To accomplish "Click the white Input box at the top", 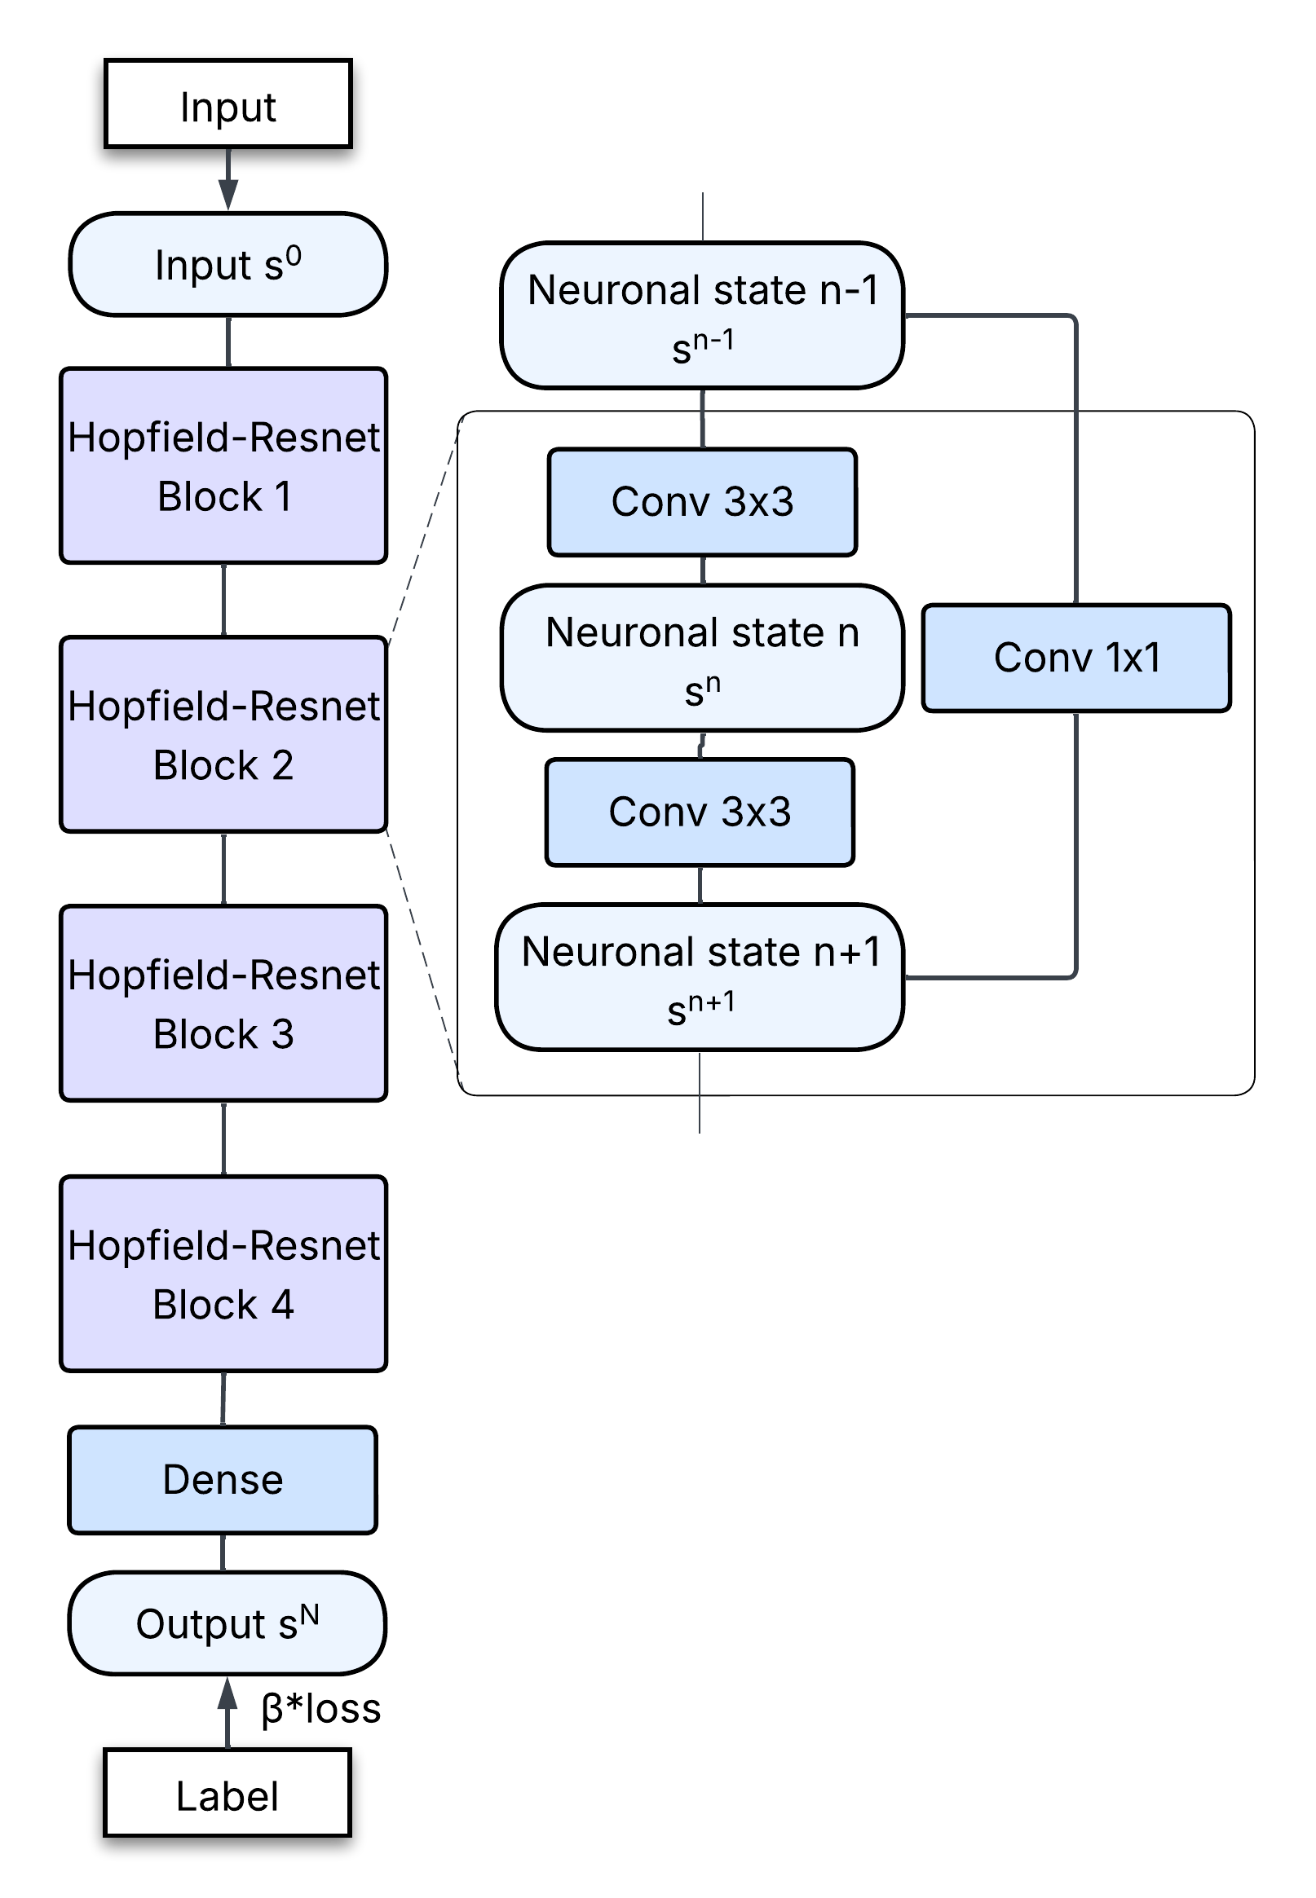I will point(227,103).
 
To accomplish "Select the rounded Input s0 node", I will point(227,265).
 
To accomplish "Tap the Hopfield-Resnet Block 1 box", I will point(223,465).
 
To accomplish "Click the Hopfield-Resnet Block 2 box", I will point(223,734).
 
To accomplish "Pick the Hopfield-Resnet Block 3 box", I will point(223,1003).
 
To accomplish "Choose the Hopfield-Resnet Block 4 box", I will point(223,1274).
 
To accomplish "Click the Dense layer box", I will point(223,1480).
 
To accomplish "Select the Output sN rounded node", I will point(227,1623).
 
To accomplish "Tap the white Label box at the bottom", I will point(227,1794).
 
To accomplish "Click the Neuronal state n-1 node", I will point(702,315).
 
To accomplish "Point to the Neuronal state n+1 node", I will point(700,977).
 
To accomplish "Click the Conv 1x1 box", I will point(1076,658).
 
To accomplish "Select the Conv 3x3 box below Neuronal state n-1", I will point(702,502).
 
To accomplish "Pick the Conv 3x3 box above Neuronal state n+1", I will point(700,812).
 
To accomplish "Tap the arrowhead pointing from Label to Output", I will point(227,1693).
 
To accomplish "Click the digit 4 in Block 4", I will point(283,1305).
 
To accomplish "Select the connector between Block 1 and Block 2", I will point(224,599).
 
